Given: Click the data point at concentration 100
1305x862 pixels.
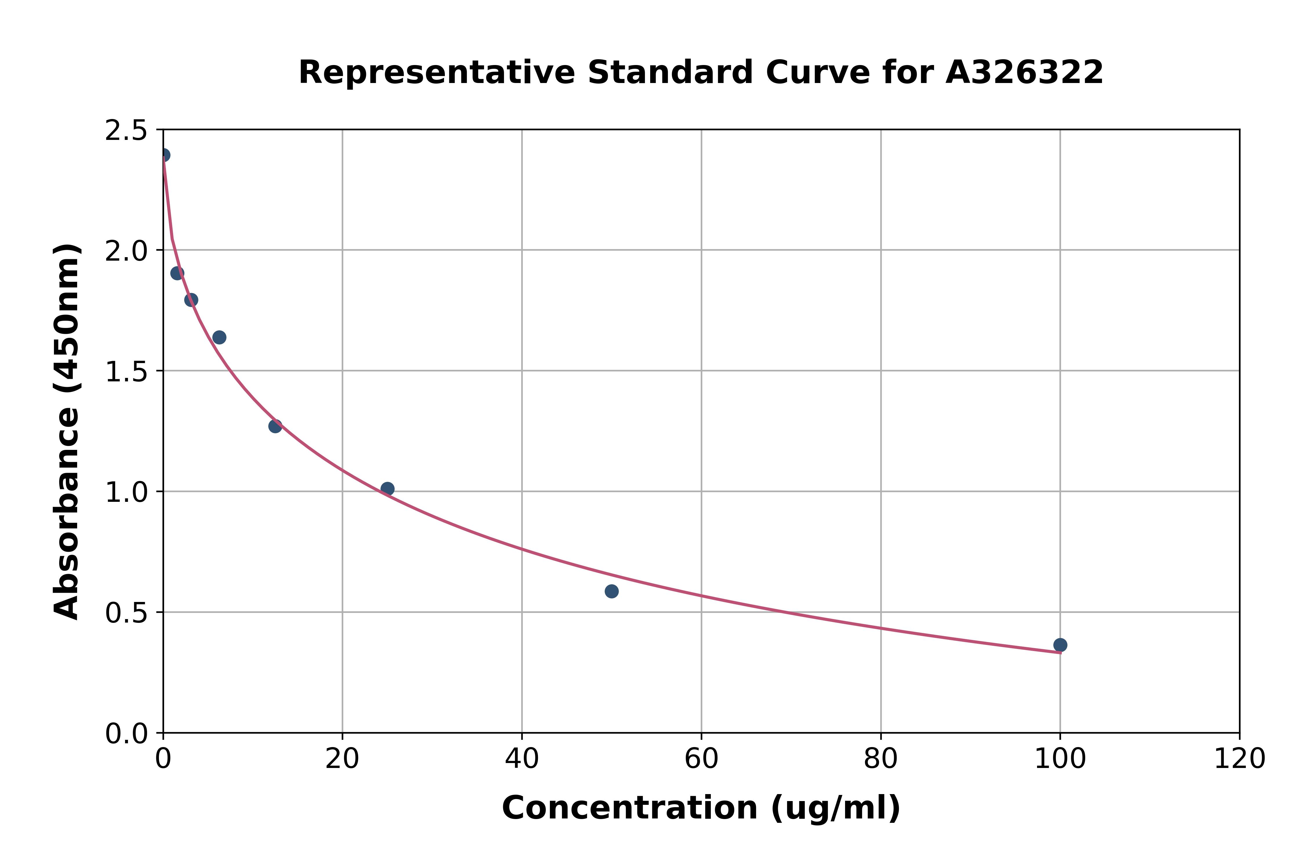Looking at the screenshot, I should point(1060,645).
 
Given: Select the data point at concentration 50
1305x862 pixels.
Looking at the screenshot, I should point(611,591).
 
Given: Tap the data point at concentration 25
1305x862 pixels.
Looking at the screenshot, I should point(387,489).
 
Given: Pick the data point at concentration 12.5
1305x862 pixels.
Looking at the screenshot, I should point(275,426).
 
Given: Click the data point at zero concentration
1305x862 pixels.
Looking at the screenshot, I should point(164,155).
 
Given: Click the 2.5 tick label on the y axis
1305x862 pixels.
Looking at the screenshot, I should point(126,131).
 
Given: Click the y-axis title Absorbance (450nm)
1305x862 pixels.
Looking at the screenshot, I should point(67,432).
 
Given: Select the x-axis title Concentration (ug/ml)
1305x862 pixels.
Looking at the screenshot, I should point(701,808).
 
